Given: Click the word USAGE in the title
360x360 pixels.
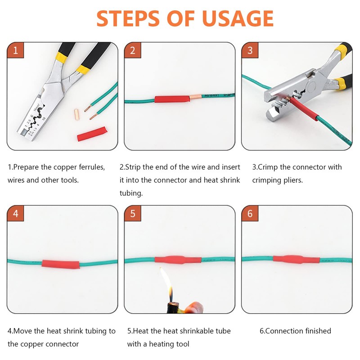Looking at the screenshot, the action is click(x=238, y=18).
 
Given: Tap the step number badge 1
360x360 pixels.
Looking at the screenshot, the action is click(x=15, y=50).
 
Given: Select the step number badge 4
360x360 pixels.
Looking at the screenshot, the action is click(x=15, y=213).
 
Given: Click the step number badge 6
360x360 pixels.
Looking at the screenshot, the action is click(x=250, y=213).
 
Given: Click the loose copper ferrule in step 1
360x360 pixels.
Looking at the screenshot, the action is click(x=76, y=115).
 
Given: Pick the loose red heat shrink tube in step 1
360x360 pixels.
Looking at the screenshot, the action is click(x=92, y=134).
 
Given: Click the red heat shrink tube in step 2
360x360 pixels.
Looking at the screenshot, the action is click(x=172, y=99).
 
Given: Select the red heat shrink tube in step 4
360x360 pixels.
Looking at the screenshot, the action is click(x=61, y=264).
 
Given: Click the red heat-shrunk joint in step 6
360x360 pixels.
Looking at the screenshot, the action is click(x=296, y=259).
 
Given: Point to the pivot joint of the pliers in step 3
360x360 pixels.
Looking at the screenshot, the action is click(x=311, y=87).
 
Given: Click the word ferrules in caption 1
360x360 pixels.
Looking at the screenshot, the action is click(x=92, y=167).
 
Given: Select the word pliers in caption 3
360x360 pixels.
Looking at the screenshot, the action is click(x=293, y=180).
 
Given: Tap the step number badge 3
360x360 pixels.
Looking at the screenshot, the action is click(x=250, y=50).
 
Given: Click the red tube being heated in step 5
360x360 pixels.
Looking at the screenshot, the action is click(x=178, y=260).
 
